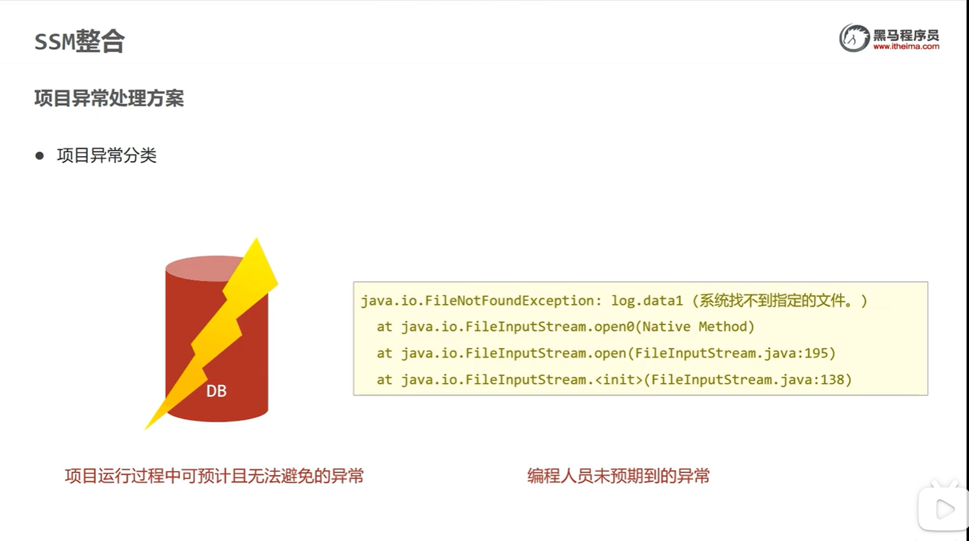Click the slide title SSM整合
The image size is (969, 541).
click(79, 41)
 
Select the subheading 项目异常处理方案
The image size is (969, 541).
click(109, 99)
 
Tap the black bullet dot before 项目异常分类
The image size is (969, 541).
click(40, 155)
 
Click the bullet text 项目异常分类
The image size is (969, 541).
click(107, 155)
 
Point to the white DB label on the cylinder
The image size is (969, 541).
click(216, 391)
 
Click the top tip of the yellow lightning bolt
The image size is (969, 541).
click(257, 241)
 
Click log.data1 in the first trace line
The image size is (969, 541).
click(646, 301)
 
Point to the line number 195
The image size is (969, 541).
click(816, 353)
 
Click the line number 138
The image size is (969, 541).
click(832, 380)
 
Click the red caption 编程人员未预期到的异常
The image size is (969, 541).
click(618, 476)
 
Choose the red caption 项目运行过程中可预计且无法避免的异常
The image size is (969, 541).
click(214, 476)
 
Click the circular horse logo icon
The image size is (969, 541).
click(854, 38)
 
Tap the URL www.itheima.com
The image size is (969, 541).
click(906, 47)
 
